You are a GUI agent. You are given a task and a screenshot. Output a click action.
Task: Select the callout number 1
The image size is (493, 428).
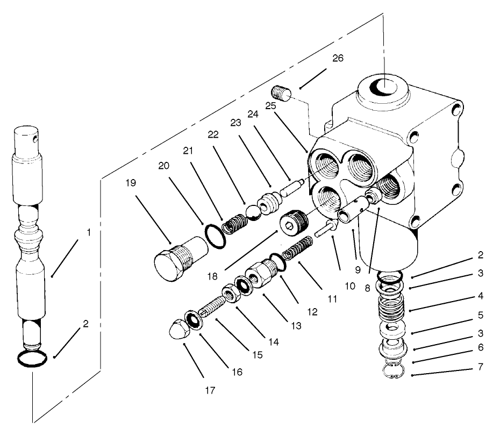coord(88,233)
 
